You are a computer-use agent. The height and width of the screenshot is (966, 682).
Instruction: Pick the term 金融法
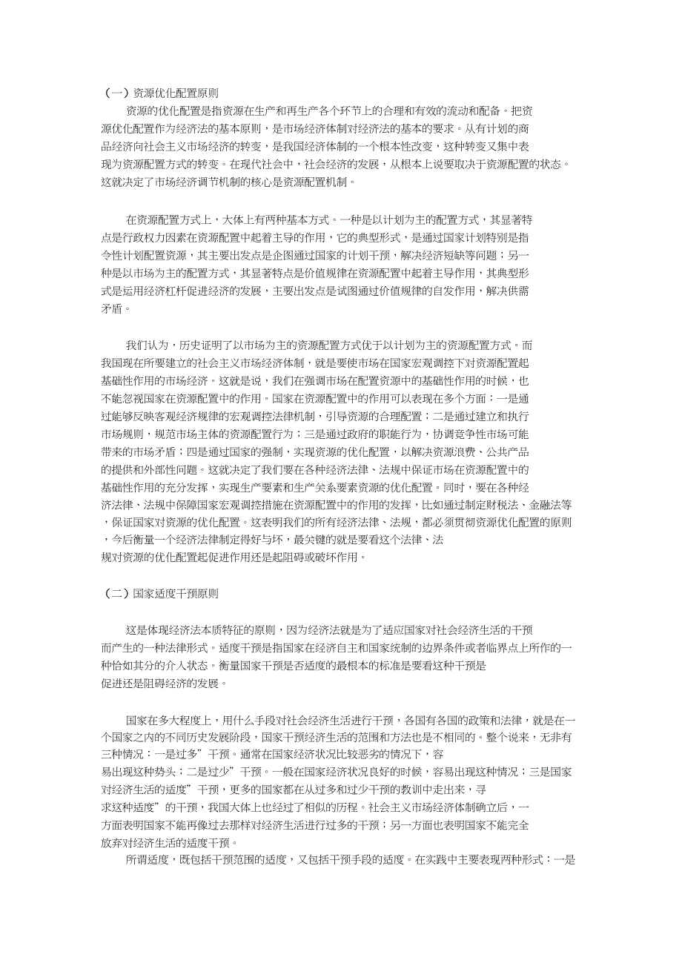tap(546, 504)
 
